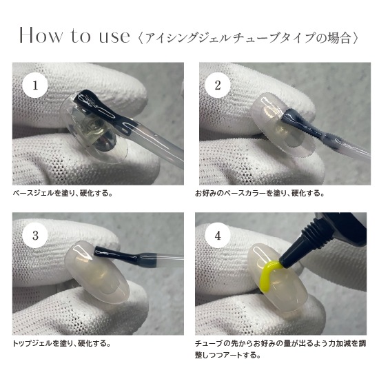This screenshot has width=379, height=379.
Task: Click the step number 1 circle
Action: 35,86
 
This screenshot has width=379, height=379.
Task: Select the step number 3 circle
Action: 35,236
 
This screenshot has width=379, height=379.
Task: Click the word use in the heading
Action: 112,37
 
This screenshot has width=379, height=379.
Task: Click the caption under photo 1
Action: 62,193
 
